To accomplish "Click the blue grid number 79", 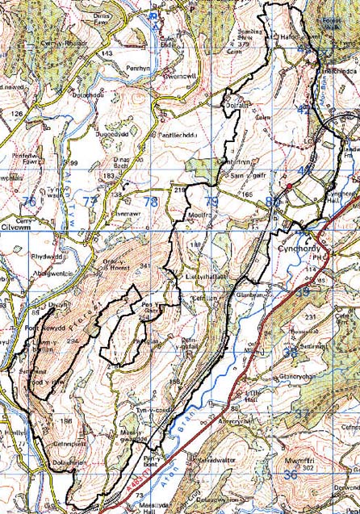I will click(211, 201).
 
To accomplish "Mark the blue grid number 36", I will click(291, 476).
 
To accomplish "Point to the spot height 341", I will click(145, 265).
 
